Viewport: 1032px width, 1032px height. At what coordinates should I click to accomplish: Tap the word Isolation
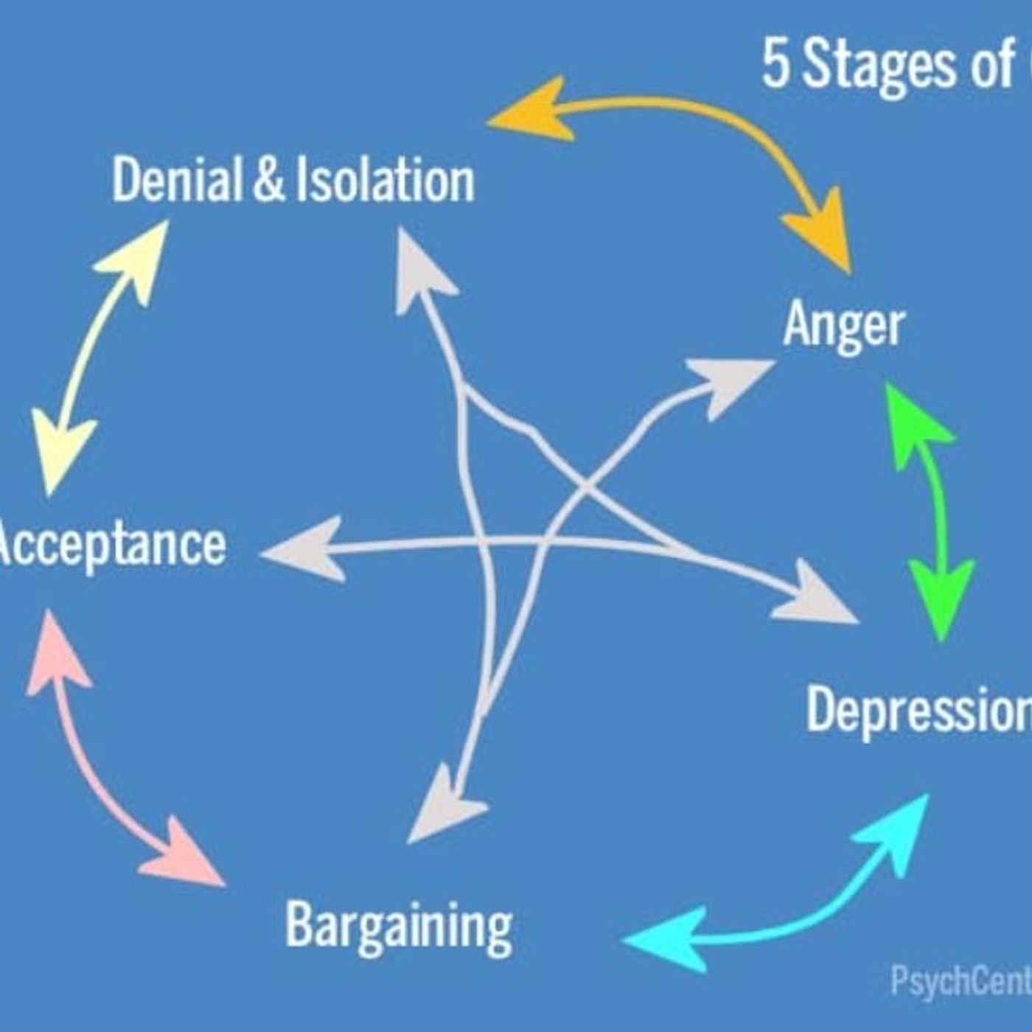(385, 181)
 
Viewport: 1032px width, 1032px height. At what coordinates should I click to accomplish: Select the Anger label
(843, 324)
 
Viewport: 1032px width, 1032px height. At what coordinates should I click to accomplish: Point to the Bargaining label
(399, 926)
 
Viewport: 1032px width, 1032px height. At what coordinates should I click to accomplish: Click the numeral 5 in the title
(775, 64)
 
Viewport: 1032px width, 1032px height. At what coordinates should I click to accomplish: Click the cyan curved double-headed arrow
(796, 914)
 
